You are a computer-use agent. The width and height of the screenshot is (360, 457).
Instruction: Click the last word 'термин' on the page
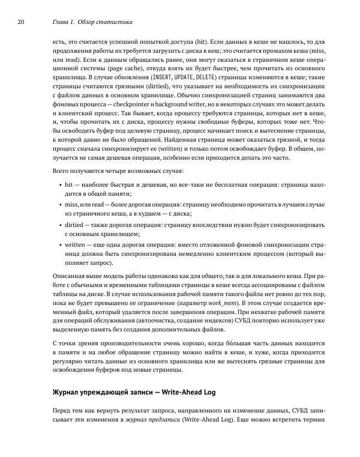(x=312, y=420)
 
